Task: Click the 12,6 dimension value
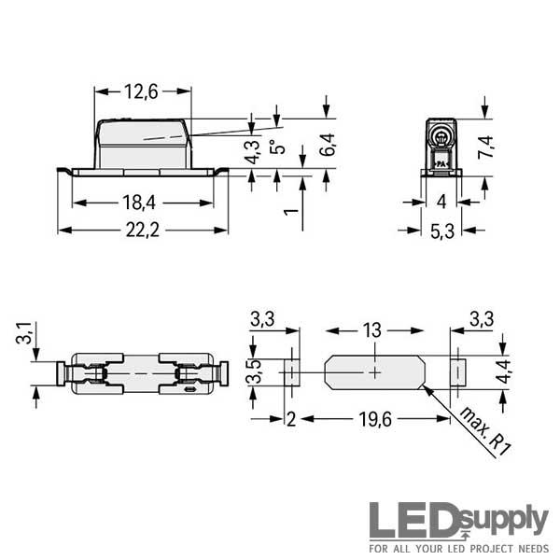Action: point(141,91)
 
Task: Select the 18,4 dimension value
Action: point(139,203)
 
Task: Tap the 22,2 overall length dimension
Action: point(143,230)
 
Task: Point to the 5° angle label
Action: point(277,147)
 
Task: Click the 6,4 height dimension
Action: point(328,145)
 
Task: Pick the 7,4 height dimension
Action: point(485,147)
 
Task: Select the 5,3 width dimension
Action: point(442,231)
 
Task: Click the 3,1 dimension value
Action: point(24,332)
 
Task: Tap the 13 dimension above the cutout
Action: point(372,330)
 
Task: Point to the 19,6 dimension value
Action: point(375,419)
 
